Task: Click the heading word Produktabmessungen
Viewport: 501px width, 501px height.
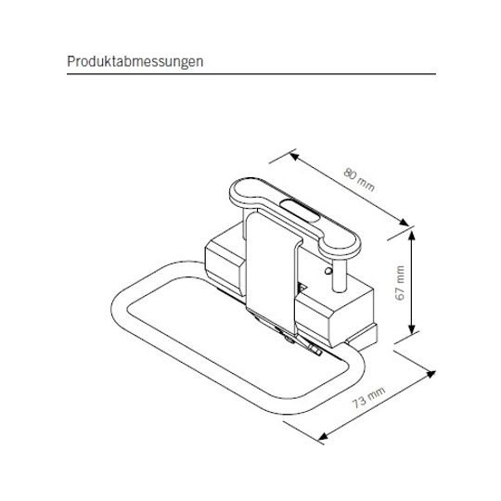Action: coord(135,61)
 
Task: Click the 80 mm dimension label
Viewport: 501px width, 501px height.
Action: coord(359,180)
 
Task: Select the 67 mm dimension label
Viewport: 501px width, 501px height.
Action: coord(400,283)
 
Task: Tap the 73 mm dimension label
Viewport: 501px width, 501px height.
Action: coord(368,397)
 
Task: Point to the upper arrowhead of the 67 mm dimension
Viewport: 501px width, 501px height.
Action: coord(412,235)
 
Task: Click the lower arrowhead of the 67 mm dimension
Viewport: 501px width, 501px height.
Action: coord(412,329)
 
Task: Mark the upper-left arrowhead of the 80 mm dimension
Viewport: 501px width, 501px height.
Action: coord(294,156)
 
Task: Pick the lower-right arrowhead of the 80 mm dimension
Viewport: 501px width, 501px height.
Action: coord(405,223)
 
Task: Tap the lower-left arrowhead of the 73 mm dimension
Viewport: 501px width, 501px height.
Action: coord(324,436)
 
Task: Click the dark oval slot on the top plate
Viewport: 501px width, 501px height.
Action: coord(300,210)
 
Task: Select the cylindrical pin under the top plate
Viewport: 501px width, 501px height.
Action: coord(339,275)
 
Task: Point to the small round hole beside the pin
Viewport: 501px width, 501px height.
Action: coord(328,271)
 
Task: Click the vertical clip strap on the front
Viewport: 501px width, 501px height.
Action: coord(272,272)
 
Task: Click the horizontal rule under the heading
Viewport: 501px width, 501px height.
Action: coord(251,74)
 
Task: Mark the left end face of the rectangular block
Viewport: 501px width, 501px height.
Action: coord(224,265)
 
